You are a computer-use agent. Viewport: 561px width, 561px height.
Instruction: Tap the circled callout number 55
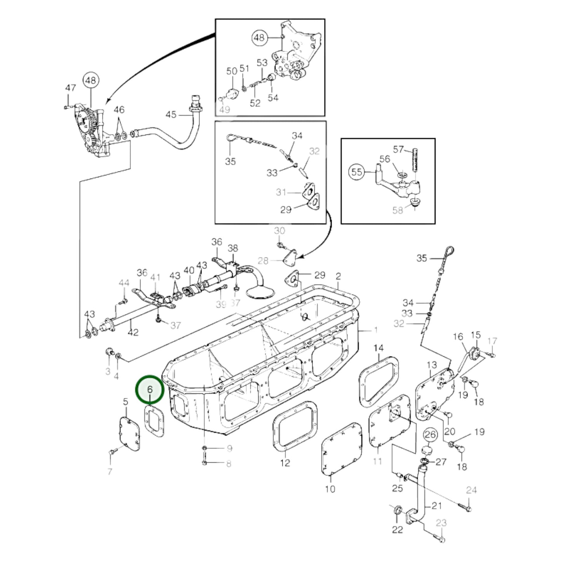(357, 172)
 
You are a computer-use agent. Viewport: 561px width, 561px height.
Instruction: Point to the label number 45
(171, 115)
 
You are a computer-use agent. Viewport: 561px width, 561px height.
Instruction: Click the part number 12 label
(285, 463)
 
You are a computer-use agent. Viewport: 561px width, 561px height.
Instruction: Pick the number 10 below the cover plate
(330, 489)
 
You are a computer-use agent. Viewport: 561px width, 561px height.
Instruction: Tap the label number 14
(379, 347)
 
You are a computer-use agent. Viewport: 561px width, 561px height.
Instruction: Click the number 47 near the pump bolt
(70, 88)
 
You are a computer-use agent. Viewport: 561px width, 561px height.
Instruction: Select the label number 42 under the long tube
(133, 333)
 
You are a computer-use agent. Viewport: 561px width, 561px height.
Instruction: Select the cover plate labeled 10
(341, 449)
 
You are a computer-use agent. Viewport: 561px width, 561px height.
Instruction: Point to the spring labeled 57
(415, 159)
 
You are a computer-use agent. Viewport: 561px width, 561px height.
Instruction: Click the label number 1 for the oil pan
(375, 330)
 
